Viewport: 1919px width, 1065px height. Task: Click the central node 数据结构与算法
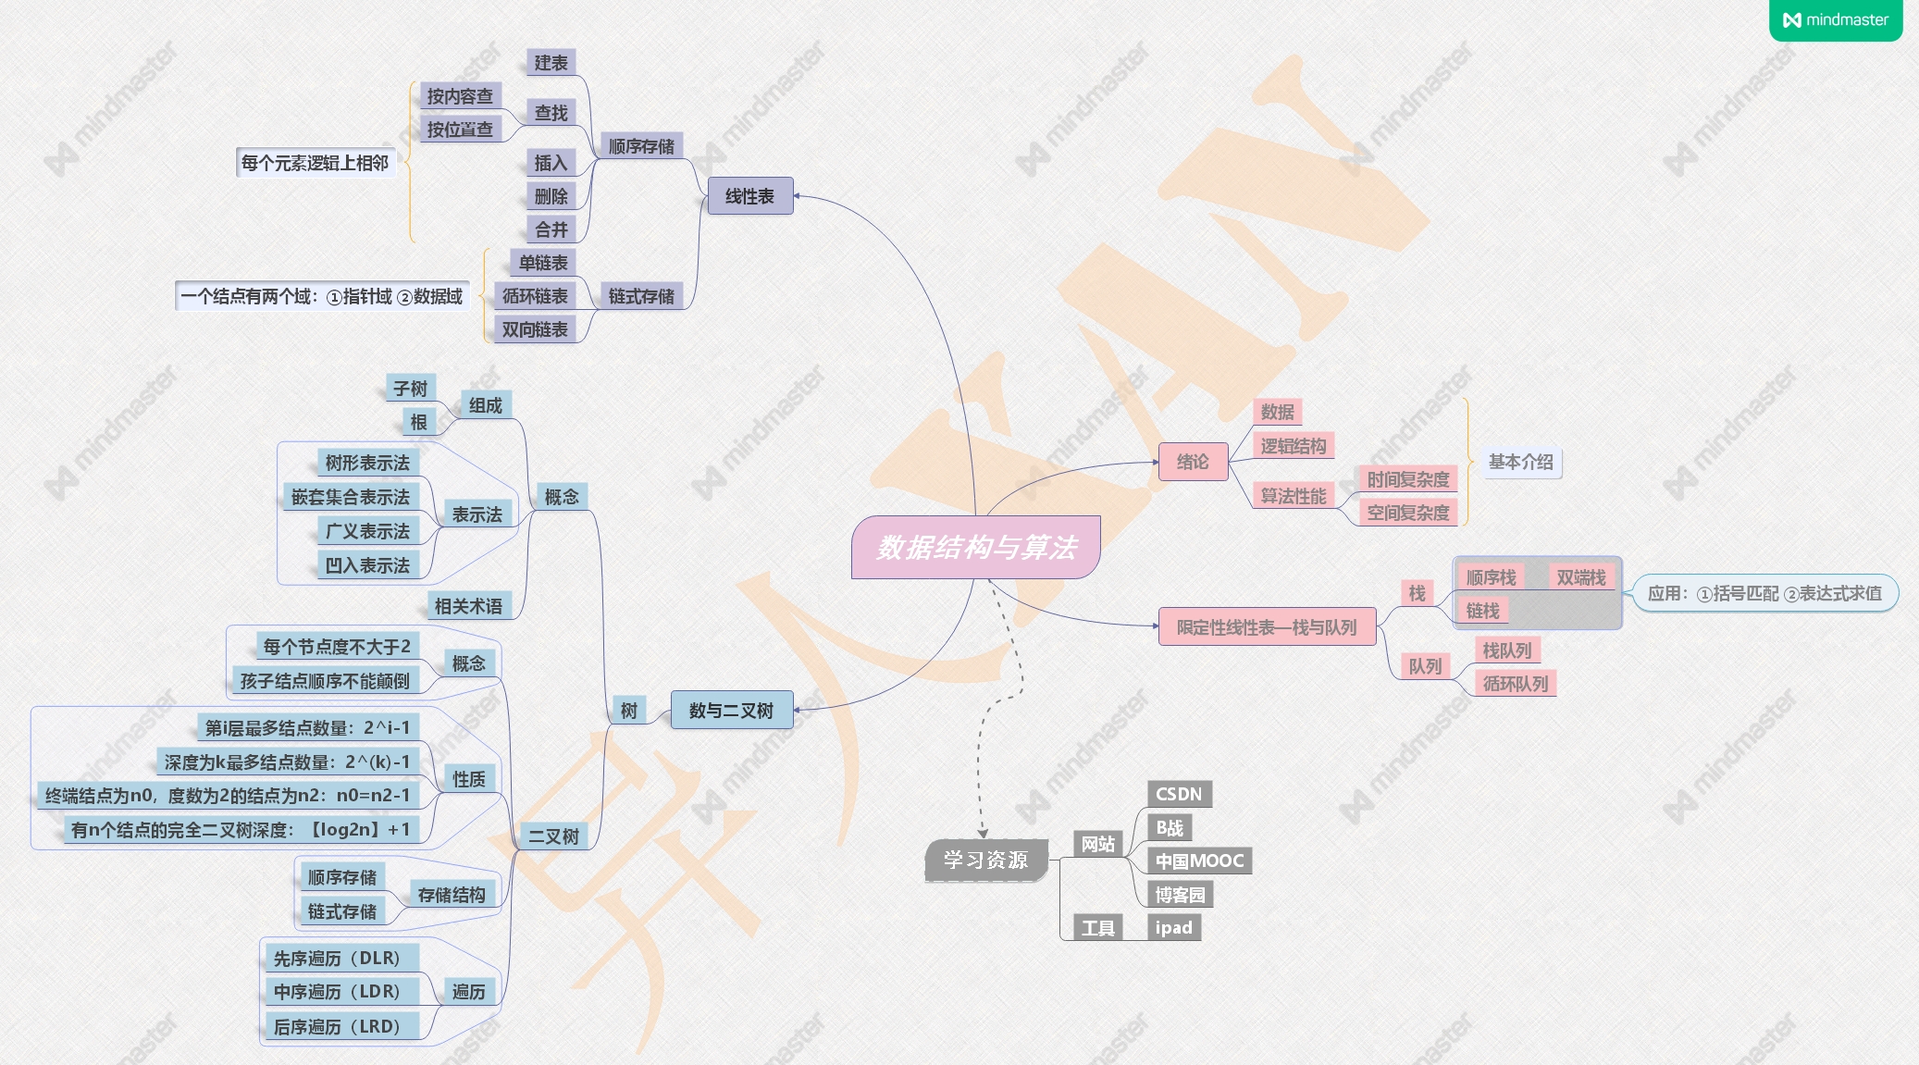click(976, 547)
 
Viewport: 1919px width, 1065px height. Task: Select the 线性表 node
click(749, 196)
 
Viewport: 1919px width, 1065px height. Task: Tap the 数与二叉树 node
click(731, 711)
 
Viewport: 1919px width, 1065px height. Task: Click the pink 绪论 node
click(1193, 462)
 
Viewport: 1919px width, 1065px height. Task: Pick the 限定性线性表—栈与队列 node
click(1267, 627)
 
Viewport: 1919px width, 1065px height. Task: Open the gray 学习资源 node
click(985, 860)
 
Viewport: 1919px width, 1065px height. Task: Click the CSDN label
click(1179, 794)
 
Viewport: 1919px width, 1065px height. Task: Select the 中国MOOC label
click(1199, 861)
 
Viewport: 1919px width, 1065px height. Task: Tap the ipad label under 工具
click(1173, 927)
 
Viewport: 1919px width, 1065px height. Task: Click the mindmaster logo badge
click(1836, 19)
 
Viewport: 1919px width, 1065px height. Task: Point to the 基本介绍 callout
click(1520, 462)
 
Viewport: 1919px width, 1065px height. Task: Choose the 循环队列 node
click(1515, 684)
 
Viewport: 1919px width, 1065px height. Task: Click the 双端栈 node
click(1580, 577)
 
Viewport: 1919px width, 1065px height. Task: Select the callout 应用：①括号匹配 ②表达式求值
click(1764, 593)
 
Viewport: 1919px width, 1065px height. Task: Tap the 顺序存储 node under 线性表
click(641, 146)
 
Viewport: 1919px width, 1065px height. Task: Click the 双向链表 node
click(535, 329)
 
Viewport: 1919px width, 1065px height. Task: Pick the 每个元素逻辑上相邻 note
click(315, 163)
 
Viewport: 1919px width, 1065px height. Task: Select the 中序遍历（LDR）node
click(337, 992)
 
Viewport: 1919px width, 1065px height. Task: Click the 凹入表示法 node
click(367, 565)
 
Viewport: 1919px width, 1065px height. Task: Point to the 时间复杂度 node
click(1407, 479)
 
